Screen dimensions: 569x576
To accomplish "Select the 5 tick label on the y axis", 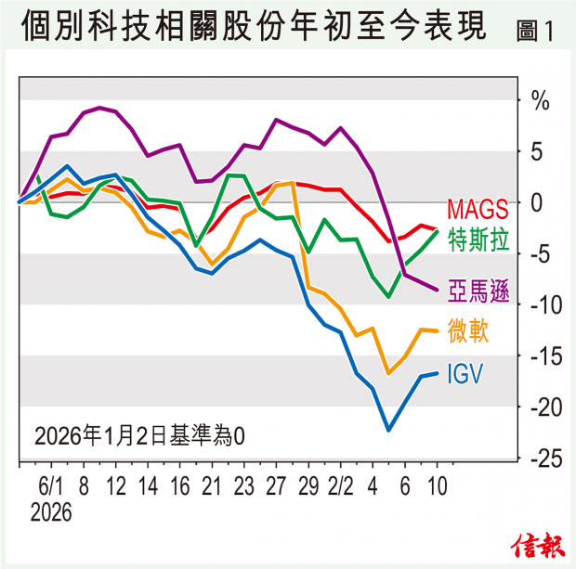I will click(537, 150).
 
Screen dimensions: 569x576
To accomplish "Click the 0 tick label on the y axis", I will click(537, 201).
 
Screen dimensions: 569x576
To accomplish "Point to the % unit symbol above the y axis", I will click(539, 100).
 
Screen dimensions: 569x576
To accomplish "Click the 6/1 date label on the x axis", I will click(50, 487).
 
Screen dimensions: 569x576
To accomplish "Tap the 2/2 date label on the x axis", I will click(341, 487).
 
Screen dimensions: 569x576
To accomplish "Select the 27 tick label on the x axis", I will click(276, 487).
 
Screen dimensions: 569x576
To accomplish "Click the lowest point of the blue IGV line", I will click(388, 430).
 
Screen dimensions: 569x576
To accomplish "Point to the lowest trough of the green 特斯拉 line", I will click(389, 297).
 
